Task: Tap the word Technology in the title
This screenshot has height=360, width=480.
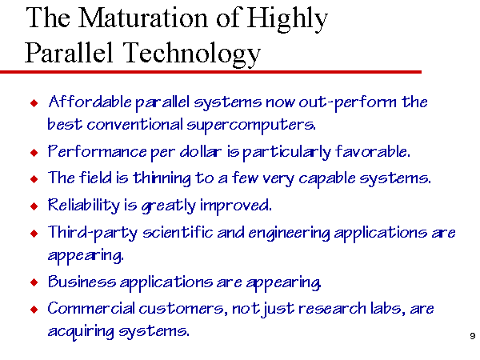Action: pos(192,54)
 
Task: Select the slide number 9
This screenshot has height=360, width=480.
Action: pos(473,336)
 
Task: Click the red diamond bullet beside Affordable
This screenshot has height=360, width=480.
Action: pos(34,103)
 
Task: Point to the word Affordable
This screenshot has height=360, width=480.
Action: pos(90,102)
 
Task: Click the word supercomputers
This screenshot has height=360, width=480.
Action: pos(251,126)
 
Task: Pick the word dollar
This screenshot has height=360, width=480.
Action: pos(201,151)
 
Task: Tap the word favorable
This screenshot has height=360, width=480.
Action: pos(373,151)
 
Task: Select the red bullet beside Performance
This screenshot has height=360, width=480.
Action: pos(34,152)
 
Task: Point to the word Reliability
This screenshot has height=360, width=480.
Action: pos(84,206)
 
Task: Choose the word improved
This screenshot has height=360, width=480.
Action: pos(236,206)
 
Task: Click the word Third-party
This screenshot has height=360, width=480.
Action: pos(93,233)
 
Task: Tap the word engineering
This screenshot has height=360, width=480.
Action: pos(290,234)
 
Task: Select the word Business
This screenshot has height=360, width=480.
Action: pos(82,282)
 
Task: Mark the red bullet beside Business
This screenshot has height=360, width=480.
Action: pos(34,282)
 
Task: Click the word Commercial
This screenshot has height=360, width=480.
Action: pos(91,308)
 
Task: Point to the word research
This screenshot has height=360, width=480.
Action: pos(332,309)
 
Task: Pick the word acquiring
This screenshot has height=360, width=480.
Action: pos(81,332)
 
